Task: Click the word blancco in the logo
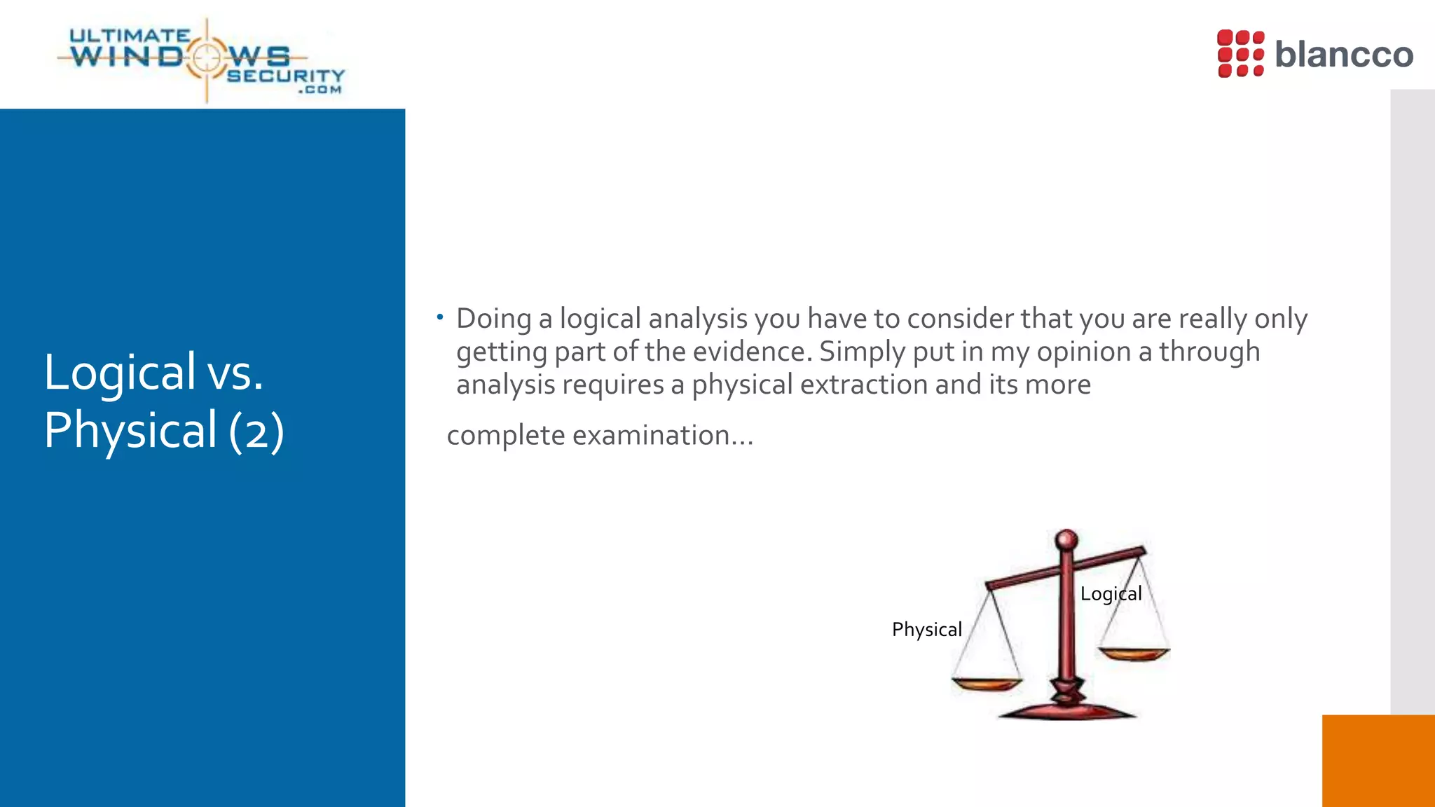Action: pos(1343,55)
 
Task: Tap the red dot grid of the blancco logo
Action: pos(1240,53)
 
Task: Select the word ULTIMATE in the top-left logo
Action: pos(130,36)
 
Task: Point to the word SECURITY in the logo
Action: pos(286,76)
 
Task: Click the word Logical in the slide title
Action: pos(120,372)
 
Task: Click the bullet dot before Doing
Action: pos(439,317)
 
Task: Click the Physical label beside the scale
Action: pos(926,629)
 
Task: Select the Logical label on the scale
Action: pos(1111,593)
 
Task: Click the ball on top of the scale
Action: pos(1066,539)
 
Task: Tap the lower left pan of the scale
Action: pos(987,683)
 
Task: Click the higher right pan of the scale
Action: pos(1134,654)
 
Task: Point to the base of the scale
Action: pos(1066,710)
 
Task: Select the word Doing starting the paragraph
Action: pos(493,319)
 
